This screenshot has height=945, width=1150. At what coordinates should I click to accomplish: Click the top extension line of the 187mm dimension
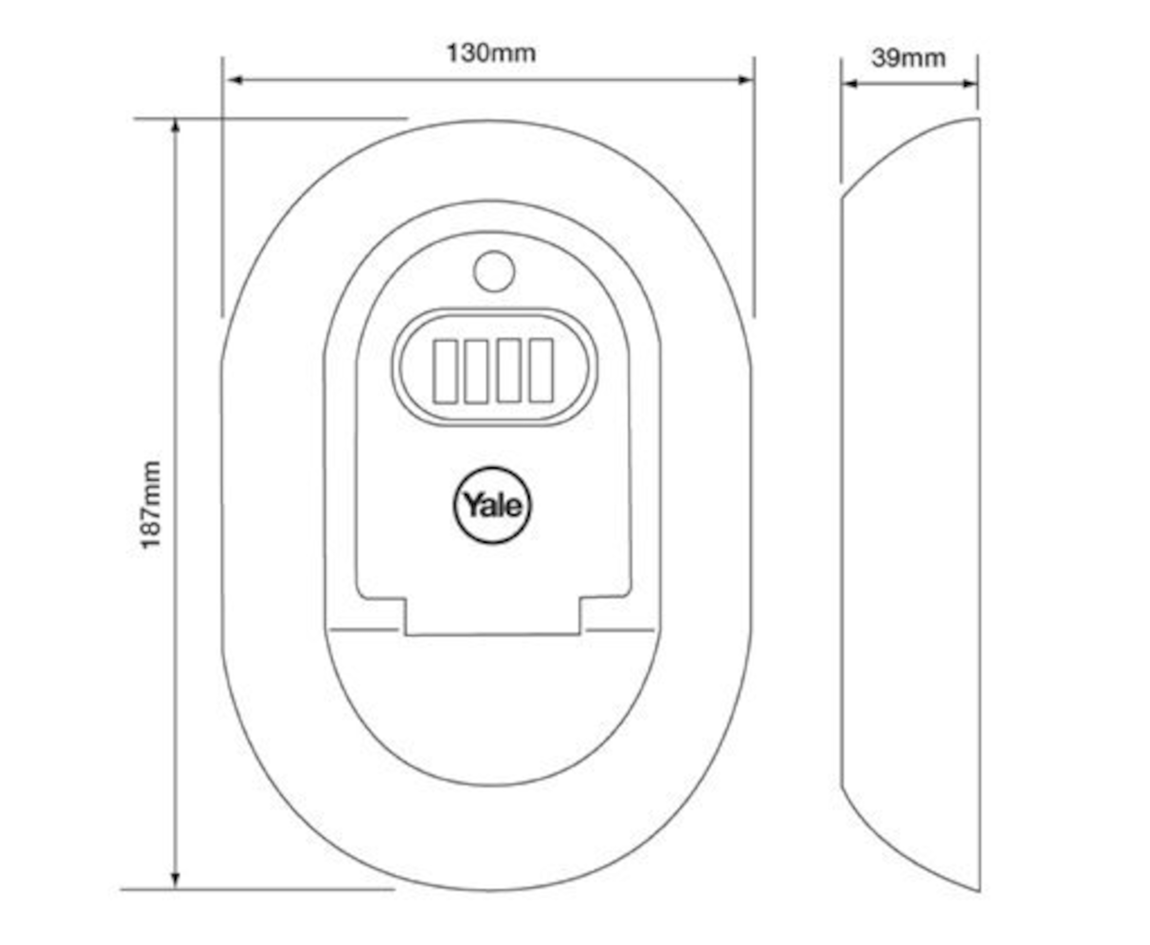[271, 118]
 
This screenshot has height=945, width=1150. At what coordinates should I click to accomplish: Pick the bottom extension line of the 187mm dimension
[258, 890]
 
